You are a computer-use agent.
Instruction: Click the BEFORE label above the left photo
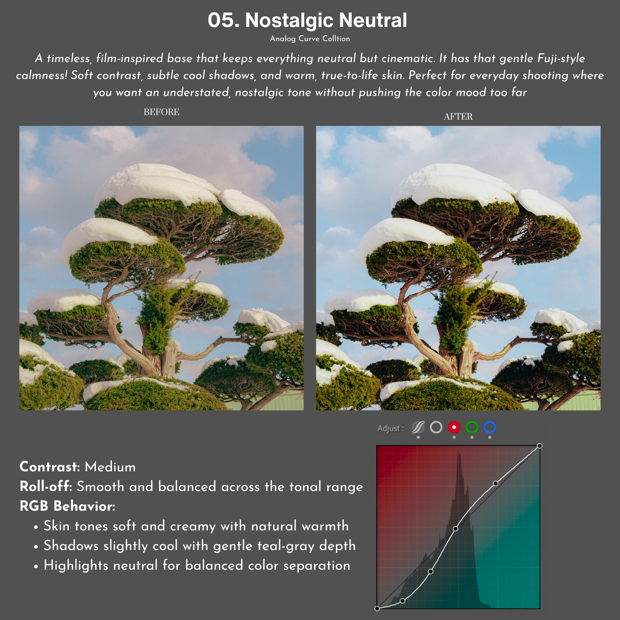coord(162,112)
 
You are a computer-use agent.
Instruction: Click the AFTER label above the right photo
coord(458,117)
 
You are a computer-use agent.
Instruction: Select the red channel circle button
coord(454,427)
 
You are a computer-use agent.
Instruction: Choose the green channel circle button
coord(472,427)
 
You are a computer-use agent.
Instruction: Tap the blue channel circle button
coord(490,427)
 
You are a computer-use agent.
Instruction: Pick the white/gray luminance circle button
coord(436,427)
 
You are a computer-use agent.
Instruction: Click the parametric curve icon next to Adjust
coord(418,427)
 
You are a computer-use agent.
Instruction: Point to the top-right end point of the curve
coord(539,446)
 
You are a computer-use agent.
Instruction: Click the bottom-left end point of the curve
coord(377,608)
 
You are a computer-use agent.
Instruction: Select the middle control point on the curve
coord(455,529)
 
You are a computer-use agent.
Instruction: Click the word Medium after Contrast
coord(110,467)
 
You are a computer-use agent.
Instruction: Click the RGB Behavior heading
coord(68,506)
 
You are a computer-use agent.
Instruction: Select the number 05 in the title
coord(223,20)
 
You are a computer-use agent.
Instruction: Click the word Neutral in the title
coord(373,20)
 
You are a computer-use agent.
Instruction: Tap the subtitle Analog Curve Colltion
coord(310,39)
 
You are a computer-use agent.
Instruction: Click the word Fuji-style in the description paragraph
coord(561,58)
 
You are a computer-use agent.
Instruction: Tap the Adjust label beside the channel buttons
coord(390,428)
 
